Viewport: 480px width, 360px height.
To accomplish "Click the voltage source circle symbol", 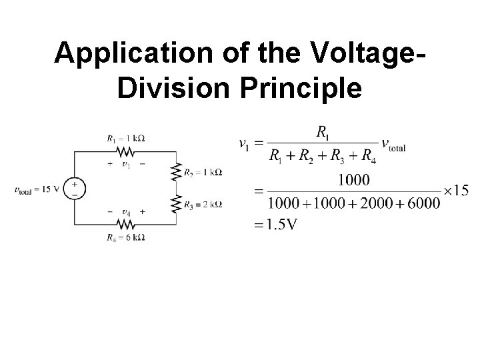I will tap(74, 189).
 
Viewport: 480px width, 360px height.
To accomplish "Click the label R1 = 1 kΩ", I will tap(125, 139).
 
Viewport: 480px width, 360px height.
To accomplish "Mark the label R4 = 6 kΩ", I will tap(125, 237).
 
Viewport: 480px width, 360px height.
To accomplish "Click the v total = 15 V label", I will tap(37, 189).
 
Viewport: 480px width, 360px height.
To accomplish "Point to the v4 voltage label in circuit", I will tap(125, 213).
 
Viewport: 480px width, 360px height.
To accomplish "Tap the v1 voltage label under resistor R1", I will tap(125, 164).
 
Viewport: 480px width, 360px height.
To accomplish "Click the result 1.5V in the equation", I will tap(276, 224).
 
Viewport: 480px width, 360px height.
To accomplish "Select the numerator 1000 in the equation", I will tap(355, 180).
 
